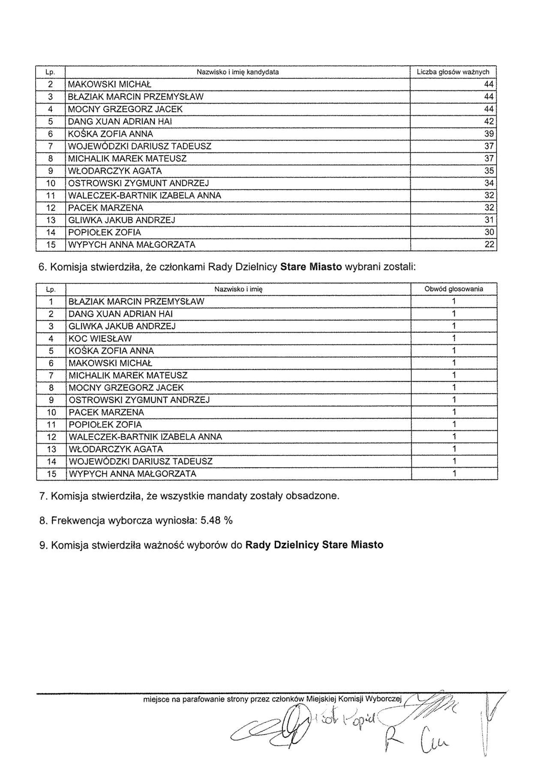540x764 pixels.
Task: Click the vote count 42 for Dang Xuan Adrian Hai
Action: (489, 121)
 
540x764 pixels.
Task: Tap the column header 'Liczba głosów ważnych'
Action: (453, 72)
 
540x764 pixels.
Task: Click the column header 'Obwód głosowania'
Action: (454, 289)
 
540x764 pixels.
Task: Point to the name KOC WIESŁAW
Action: (100, 338)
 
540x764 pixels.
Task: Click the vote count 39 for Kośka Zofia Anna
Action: (489, 134)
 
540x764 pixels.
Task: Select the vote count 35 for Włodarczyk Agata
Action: (489, 171)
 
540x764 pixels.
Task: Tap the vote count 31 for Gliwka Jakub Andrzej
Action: (489, 220)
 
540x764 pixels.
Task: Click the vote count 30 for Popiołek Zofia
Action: (489, 232)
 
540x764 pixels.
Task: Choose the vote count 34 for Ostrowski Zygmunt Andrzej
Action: (489, 183)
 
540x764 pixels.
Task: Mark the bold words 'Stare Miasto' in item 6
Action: (311, 267)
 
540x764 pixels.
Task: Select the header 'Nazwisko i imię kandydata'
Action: (237, 72)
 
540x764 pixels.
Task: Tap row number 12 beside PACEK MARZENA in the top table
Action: (51, 208)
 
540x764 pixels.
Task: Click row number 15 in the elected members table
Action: (51, 474)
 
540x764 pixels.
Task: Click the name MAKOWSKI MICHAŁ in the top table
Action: (110, 84)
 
